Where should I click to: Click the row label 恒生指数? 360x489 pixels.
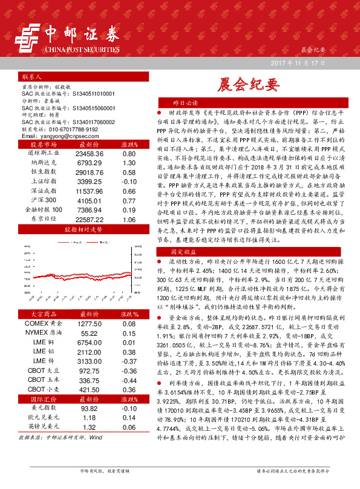point(41,172)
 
